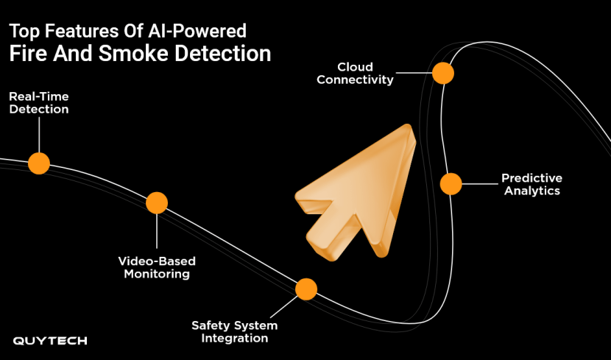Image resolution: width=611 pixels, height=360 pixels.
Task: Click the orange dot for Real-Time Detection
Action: pyautogui.click(x=38, y=163)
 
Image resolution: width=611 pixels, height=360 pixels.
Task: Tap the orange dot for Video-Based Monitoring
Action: pyautogui.click(x=157, y=202)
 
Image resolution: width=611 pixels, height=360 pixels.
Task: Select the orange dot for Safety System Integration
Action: pyautogui.click(x=306, y=289)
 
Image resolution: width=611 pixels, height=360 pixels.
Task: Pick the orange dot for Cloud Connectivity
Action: pyautogui.click(x=442, y=73)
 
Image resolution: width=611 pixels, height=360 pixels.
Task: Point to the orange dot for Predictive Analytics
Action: pyautogui.click(x=451, y=183)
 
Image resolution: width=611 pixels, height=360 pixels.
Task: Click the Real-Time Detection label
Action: pyautogui.click(x=39, y=102)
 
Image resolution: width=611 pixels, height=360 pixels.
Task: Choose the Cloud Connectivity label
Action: pyautogui.click(x=356, y=74)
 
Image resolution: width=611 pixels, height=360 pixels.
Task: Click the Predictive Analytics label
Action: pyautogui.click(x=531, y=184)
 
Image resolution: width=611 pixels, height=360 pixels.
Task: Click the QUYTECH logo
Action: pyautogui.click(x=50, y=340)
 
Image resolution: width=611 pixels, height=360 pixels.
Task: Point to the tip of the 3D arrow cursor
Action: pyautogui.click(x=407, y=127)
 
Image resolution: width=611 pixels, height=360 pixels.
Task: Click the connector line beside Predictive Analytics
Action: pyautogui.click(x=478, y=183)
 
